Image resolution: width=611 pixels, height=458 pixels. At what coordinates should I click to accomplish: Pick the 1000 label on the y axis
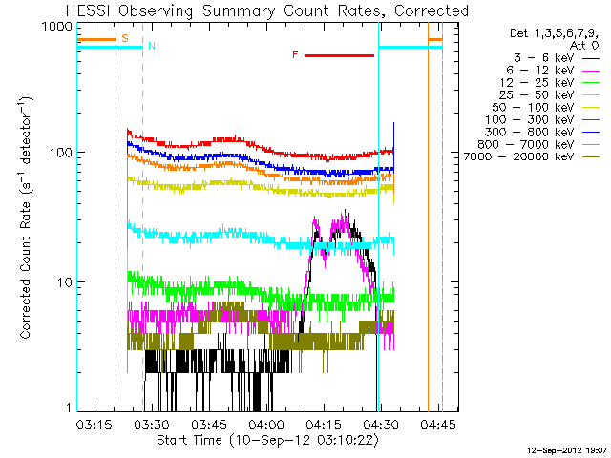point(56,26)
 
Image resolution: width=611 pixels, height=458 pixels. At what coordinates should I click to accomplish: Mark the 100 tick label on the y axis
point(61,153)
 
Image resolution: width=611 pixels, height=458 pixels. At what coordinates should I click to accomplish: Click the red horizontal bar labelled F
point(340,55)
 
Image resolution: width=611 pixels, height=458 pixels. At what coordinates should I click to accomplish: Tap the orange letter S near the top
point(125,38)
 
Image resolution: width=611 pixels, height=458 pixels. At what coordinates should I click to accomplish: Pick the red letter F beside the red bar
point(295,55)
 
